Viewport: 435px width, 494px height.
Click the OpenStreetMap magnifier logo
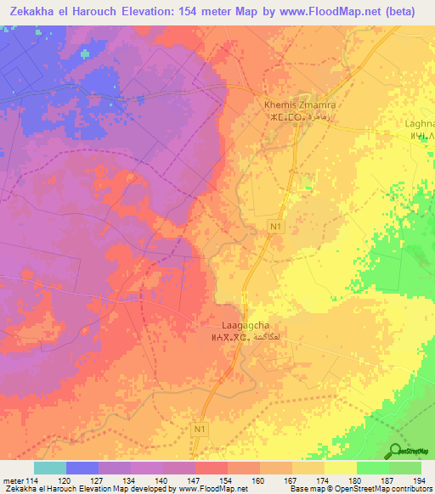(396, 452)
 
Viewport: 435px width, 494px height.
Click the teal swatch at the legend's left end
(49, 468)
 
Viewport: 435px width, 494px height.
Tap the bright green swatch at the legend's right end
(405, 468)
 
